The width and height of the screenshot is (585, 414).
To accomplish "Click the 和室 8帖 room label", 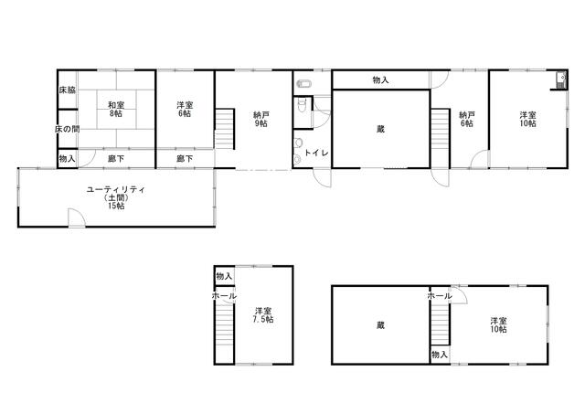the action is click(x=116, y=110).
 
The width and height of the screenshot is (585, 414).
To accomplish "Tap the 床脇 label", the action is click(x=67, y=90).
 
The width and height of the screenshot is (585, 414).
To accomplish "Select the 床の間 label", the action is click(x=67, y=129).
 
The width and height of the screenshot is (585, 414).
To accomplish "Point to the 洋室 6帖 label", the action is click(x=185, y=110).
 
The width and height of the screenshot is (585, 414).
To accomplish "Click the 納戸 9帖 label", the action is click(x=261, y=119).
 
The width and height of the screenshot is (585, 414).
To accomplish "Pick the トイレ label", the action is click(x=316, y=153).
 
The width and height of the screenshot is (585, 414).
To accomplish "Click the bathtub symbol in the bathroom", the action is click(x=305, y=84).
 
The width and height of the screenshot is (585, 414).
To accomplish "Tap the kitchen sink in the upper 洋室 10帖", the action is click(x=560, y=80).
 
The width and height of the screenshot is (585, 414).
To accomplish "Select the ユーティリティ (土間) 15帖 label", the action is click(x=116, y=197).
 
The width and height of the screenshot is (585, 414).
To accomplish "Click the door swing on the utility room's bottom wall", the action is click(x=77, y=218).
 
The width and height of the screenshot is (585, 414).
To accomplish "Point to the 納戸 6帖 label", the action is click(x=467, y=119).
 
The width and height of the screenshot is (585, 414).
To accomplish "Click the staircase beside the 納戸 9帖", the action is click(x=225, y=129).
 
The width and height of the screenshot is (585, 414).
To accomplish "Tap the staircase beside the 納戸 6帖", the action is click(x=441, y=139).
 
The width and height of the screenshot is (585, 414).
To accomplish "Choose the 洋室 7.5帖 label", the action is click(x=263, y=315).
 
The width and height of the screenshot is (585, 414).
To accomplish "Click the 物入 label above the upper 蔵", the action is click(x=380, y=80).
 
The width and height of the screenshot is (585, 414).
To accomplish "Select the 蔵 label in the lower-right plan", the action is click(x=380, y=325).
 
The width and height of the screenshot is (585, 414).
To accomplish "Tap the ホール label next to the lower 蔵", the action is click(x=440, y=296).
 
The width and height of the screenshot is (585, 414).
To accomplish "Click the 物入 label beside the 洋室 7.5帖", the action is click(x=224, y=276).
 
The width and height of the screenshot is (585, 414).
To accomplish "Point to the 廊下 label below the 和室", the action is click(x=116, y=158).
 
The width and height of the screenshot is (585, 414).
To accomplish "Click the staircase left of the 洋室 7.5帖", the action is click(x=225, y=324).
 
